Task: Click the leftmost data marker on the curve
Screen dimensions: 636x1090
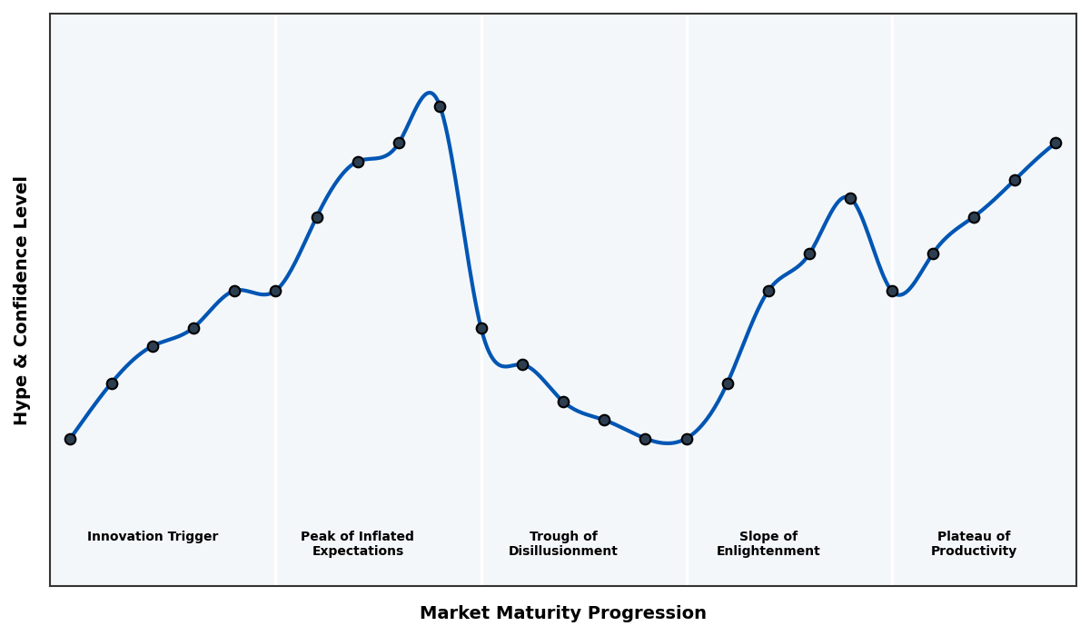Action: (70, 439)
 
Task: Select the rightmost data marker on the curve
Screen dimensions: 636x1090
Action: (1055, 143)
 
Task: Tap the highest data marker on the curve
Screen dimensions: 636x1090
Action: (440, 106)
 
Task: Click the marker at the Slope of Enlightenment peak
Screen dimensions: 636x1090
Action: (850, 198)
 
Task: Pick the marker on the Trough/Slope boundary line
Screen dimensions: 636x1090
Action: (687, 439)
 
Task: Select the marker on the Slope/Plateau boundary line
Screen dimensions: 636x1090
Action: (892, 291)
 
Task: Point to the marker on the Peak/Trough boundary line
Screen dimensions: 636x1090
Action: (481, 328)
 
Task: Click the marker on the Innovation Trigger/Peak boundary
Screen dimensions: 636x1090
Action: (275, 291)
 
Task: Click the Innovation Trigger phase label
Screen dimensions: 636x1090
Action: (153, 537)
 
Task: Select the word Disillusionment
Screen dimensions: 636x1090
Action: (563, 552)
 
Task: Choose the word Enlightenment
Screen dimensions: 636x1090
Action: (768, 552)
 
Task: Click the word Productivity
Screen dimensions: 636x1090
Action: (974, 552)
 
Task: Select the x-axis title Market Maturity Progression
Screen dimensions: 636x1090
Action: (563, 613)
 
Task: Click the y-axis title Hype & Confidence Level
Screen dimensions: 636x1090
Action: (22, 300)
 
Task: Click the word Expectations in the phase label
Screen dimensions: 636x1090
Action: (358, 552)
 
